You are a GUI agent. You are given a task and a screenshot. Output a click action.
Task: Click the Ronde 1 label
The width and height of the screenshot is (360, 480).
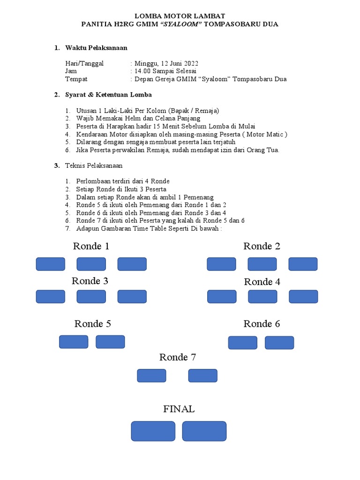pyautogui.click(x=91, y=246)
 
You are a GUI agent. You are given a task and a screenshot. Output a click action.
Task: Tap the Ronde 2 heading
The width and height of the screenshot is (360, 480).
pyautogui.click(x=262, y=246)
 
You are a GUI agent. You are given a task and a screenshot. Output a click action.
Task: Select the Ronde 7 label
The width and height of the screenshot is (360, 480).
pyautogui.click(x=177, y=357)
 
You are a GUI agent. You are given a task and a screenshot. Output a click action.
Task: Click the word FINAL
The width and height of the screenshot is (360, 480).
pyautogui.click(x=179, y=409)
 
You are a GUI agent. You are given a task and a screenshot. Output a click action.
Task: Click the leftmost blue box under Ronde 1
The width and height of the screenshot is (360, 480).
pyautogui.click(x=51, y=264)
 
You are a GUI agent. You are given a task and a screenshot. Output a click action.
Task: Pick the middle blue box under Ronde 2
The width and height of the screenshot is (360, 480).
pyautogui.click(x=262, y=264)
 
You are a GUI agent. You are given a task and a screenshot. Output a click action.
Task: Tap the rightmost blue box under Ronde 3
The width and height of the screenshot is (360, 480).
pyautogui.click(x=132, y=297)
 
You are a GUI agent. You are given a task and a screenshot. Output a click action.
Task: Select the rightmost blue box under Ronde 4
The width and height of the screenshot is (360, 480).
pyautogui.click(x=303, y=297)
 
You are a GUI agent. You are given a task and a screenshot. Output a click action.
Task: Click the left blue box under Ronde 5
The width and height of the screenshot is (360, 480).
pyautogui.click(x=74, y=342)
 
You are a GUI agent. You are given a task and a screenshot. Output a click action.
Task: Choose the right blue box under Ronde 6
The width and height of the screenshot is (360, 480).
pyautogui.click(x=279, y=343)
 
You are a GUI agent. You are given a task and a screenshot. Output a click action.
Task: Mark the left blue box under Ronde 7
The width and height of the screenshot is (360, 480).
pyautogui.click(x=151, y=375)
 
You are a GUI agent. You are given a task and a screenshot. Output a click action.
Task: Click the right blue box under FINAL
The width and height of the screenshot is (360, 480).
pyautogui.click(x=204, y=431)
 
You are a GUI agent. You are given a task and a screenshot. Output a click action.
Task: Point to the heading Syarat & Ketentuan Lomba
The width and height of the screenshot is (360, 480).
pyautogui.click(x=108, y=95)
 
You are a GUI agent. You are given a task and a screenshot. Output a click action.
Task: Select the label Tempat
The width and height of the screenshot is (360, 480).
pyautogui.click(x=76, y=79)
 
